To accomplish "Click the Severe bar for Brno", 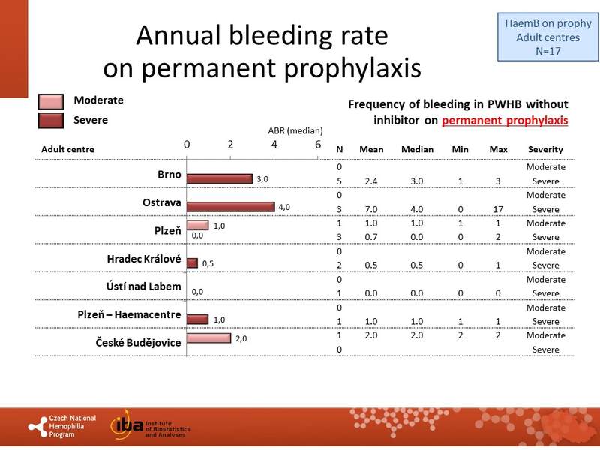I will [x=219, y=179].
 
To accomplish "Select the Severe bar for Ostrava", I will [x=230, y=207].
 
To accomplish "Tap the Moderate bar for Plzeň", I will [x=197, y=225].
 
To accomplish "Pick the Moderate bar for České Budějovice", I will [x=208, y=337].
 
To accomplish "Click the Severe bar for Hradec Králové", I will [x=192, y=263].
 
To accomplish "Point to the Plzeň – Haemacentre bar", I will [x=197, y=319].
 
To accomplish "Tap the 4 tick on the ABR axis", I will [x=274, y=145].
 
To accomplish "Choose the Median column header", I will [x=417, y=149].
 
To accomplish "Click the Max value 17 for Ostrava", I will [x=498, y=209].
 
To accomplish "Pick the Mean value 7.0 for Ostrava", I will [x=371, y=209].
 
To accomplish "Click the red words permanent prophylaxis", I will [x=505, y=120].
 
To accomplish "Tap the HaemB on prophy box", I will [x=544, y=37].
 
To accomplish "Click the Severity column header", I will [x=545, y=149].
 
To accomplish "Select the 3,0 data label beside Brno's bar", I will [x=262, y=180].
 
